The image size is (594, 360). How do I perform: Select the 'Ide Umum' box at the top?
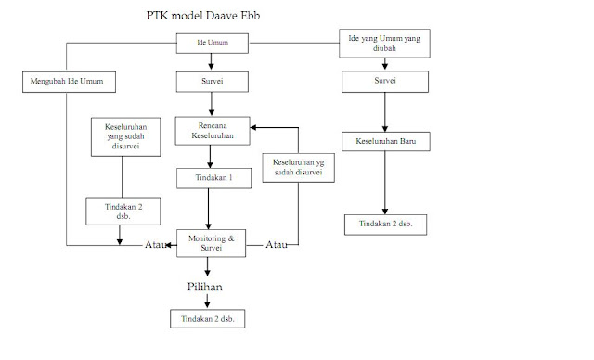point(213,43)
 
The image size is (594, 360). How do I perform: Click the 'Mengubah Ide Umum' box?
point(68,82)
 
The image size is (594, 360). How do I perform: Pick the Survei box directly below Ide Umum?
point(213,82)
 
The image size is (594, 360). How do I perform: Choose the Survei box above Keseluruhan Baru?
point(383,82)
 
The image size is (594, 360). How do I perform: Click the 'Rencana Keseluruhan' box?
point(213,133)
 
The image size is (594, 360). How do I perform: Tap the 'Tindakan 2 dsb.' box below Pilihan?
point(208,319)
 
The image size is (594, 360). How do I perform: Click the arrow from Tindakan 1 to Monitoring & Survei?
point(208,208)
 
